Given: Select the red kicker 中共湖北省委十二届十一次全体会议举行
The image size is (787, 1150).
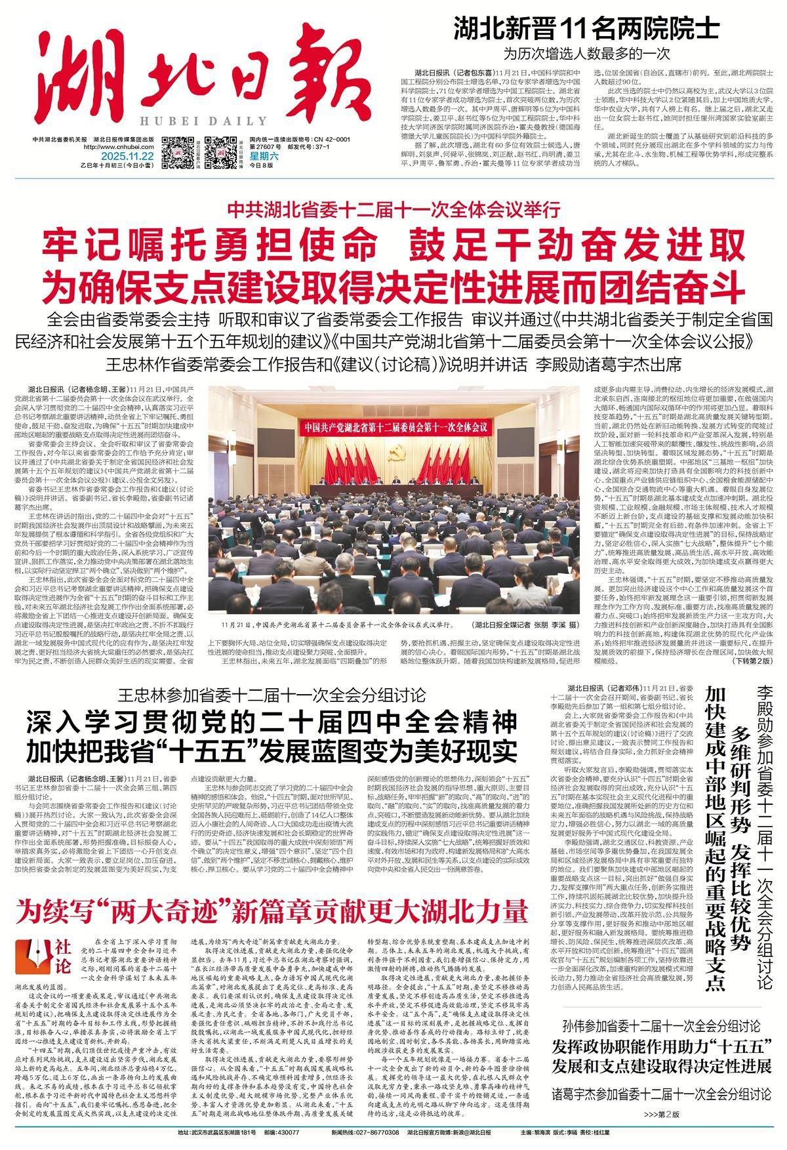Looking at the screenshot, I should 394,211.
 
